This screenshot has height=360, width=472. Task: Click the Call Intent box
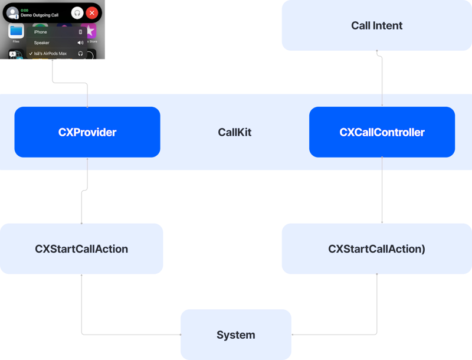(376, 25)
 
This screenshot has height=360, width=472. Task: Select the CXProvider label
(87, 132)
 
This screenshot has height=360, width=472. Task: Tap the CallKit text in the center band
(235, 132)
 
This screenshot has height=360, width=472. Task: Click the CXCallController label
(382, 132)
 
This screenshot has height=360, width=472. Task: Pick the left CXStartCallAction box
(81, 248)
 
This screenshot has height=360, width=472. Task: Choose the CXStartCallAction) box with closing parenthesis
(376, 248)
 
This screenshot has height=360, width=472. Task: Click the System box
(235, 335)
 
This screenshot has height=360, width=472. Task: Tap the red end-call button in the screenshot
(91, 12)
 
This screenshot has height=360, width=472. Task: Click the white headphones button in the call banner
(77, 12)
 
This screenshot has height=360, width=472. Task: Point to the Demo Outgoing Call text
(40, 15)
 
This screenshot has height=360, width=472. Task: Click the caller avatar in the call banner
(12, 13)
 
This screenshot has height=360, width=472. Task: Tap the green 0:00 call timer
(24, 9)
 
